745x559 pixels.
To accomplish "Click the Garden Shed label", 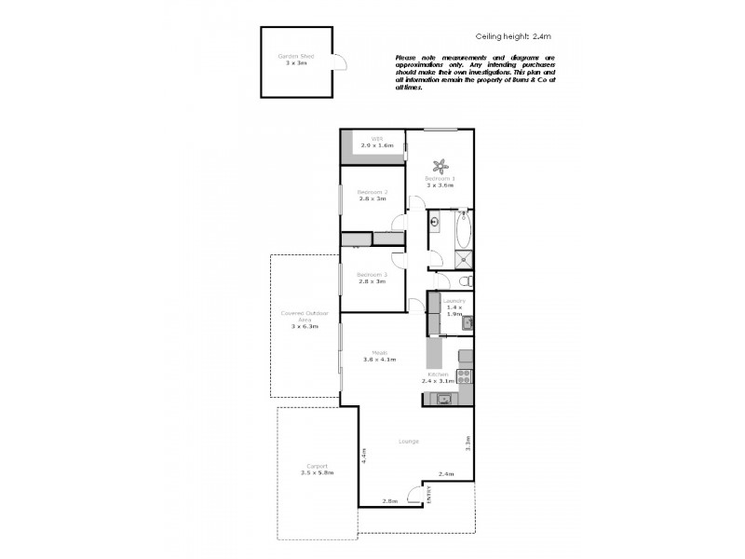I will coord(295,56).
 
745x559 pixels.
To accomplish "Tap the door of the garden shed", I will coord(340,62).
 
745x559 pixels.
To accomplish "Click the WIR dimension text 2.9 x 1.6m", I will coord(377,145).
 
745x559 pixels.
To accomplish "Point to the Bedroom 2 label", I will coord(372,192).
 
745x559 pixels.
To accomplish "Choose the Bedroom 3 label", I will coord(372,274).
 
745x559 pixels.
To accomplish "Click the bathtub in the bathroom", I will coord(463,226).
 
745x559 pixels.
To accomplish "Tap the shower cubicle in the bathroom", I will coord(463,257).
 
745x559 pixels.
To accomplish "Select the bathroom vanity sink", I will coord(435,224).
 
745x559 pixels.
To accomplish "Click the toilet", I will coord(466,281).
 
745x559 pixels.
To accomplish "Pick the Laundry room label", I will coord(454,300).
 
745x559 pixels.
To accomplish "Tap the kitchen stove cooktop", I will coord(464,376).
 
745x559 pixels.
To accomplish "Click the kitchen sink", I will coord(444,400).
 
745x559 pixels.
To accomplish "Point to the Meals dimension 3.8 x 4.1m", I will coord(379,359).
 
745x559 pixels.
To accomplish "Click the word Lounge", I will coord(407,441).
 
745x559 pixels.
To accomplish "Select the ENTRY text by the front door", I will coord(429,495).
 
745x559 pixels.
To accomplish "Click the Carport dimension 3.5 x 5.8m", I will coord(317,473).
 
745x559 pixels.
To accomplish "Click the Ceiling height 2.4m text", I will coord(514,38).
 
